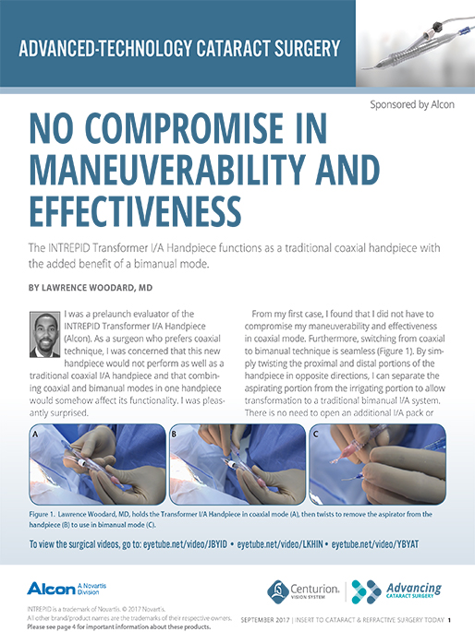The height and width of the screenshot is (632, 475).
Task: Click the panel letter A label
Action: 36,433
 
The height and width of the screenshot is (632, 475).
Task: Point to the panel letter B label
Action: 176,433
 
